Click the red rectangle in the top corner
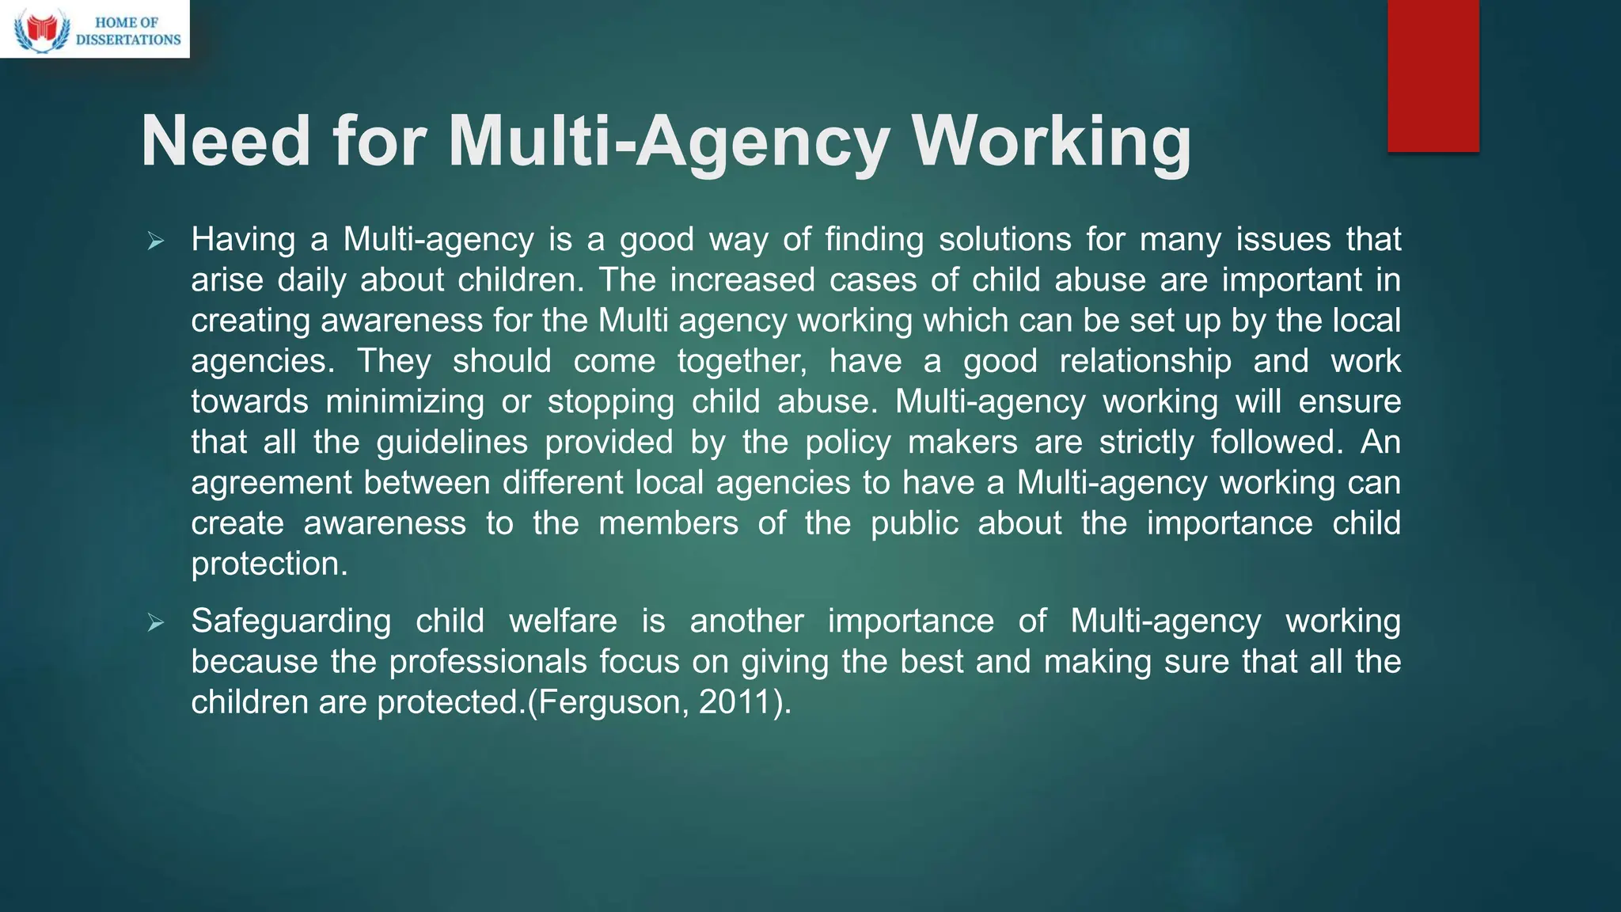point(1433,75)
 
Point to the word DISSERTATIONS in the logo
point(128,40)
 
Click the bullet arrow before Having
point(155,241)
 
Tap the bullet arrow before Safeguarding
point(155,623)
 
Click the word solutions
point(1004,239)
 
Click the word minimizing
point(404,401)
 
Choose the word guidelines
point(452,442)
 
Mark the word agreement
point(271,483)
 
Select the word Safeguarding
point(290,621)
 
